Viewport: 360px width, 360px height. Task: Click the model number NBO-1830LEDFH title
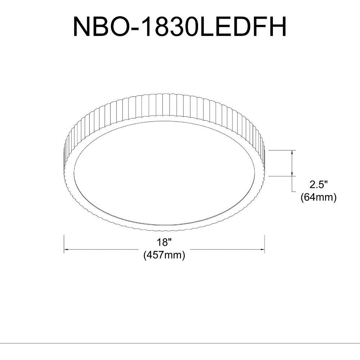pyautogui.click(x=180, y=27)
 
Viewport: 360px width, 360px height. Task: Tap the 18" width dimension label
pyautogui.click(x=165, y=242)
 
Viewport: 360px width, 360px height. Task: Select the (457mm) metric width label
pyautogui.click(x=164, y=255)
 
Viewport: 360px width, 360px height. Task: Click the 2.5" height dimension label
pyautogui.click(x=318, y=185)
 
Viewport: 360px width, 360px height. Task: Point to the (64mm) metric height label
pyautogui.click(x=319, y=197)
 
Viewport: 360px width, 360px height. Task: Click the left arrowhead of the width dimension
pyautogui.click(x=66, y=249)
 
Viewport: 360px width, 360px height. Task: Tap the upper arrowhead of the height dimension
pyautogui.click(x=292, y=152)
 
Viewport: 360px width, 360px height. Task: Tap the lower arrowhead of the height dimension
pyautogui.click(x=292, y=174)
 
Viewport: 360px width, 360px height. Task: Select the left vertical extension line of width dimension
pyautogui.click(x=64, y=244)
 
